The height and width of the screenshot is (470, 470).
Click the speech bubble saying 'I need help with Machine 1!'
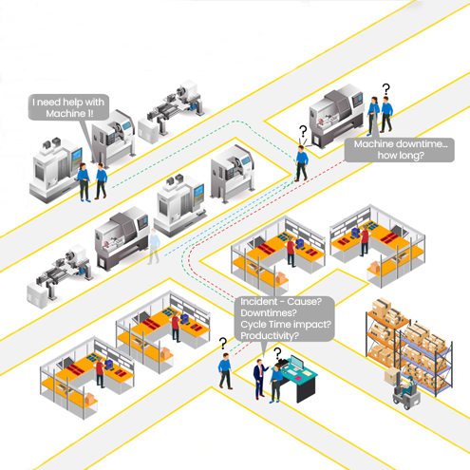click(68, 107)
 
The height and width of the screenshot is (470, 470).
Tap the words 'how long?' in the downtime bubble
click(401, 156)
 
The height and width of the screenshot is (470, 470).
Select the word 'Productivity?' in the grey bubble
click(270, 335)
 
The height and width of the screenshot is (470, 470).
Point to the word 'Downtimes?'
click(269, 312)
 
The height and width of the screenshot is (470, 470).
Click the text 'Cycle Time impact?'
click(286, 324)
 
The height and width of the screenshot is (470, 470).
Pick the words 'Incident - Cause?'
click(281, 301)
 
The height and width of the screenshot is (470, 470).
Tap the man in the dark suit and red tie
click(260, 379)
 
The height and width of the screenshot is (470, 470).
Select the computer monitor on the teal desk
click(297, 364)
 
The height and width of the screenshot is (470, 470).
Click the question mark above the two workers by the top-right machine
click(385, 89)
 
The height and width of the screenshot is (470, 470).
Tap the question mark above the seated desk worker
click(277, 353)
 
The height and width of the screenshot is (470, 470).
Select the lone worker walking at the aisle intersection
click(302, 163)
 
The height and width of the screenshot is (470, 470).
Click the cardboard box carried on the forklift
click(391, 376)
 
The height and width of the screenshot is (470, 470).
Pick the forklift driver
click(407, 385)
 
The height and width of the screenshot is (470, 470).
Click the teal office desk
click(298, 380)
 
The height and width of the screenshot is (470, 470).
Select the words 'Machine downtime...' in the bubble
click(401, 144)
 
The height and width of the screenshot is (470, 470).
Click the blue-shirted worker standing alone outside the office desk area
click(225, 371)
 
